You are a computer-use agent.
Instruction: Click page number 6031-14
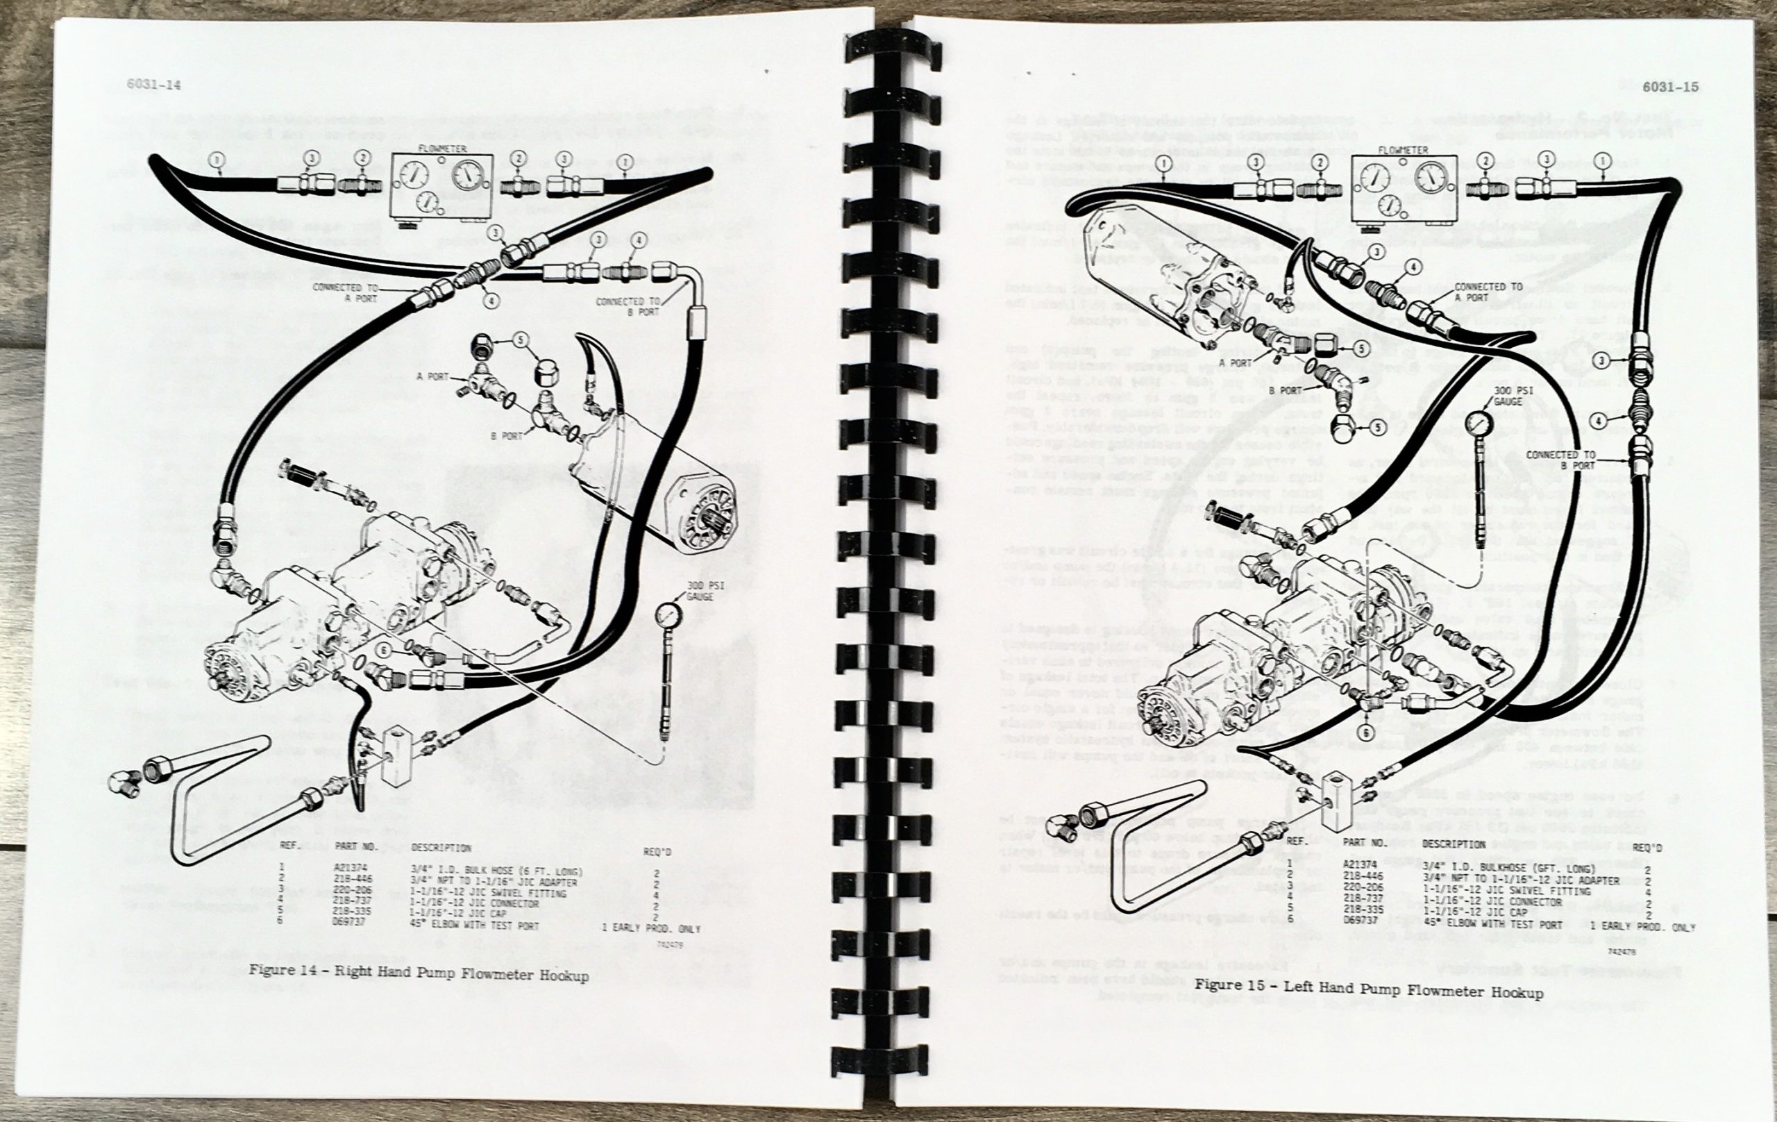coord(153,85)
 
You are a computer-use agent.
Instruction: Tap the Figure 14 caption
coord(419,974)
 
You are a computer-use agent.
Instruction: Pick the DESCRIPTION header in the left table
coord(441,848)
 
